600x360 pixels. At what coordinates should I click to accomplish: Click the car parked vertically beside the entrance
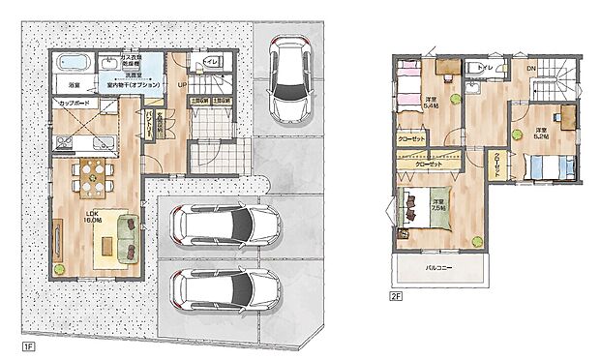tap(288, 80)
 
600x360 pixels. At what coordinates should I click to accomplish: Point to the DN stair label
tap(530, 69)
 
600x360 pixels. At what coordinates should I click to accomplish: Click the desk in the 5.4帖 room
tap(446, 68)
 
